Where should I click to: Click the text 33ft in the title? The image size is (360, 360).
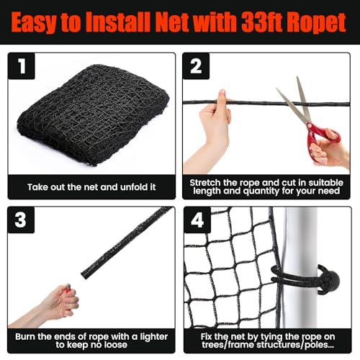tap(250, 24)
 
